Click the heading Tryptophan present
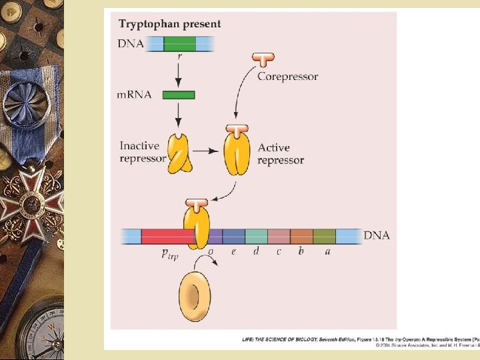169,24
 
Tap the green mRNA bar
179,95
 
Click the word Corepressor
287,76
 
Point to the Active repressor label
281,154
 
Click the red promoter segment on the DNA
167,236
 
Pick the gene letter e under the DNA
233,251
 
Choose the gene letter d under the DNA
256,251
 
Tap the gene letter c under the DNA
279,251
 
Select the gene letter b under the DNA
301,251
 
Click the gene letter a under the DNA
327,251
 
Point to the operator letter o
211,251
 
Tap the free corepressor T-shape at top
263,59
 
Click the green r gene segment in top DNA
180,44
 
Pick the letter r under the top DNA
180,57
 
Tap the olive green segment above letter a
324,236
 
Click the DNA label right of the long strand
377,235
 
